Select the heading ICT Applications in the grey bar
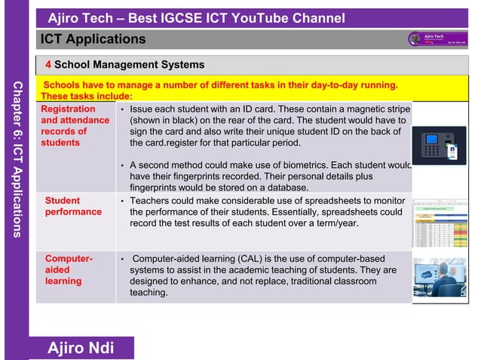93,38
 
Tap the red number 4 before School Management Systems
48,65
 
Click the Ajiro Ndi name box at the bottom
81,348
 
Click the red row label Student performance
73,206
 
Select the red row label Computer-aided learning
69,270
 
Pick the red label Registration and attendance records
75,126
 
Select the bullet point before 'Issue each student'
122,110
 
